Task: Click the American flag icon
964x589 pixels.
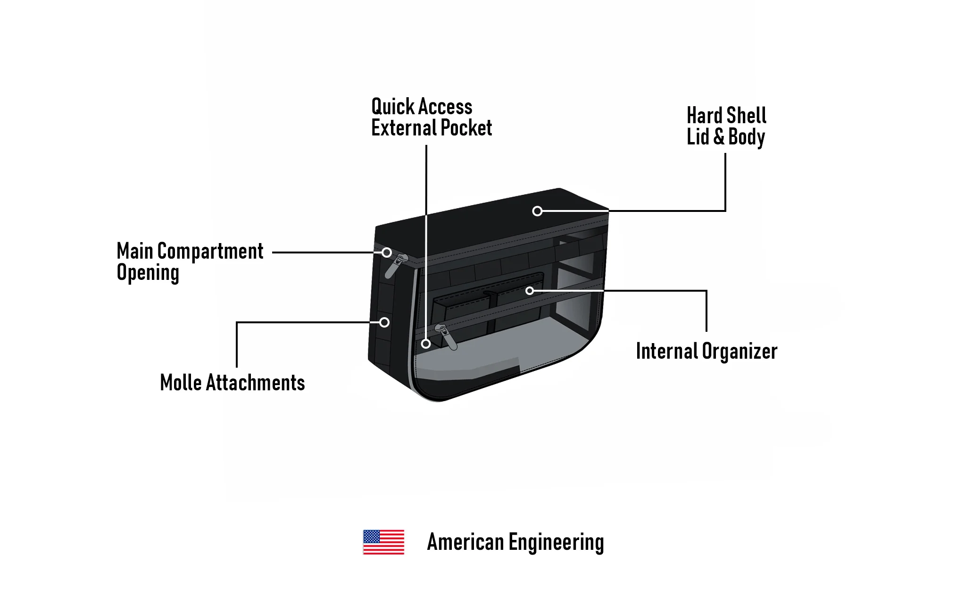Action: tap(383, 542)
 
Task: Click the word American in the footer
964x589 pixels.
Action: tap(465, 542)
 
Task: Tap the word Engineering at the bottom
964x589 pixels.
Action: tap(556, 543)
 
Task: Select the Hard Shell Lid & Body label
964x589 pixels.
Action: tap(726, 126)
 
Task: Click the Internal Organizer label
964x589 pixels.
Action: tap(706, 351)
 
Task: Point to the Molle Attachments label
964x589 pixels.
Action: tap(232, 382)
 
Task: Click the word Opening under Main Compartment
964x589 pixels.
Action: tap(148, 273)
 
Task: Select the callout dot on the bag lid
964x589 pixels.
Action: tap(537, 211)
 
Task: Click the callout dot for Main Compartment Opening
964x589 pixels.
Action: tap(387, 252)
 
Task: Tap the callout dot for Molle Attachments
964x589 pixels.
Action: tap(384, 322)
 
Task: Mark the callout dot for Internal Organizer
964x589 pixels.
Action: tap(530, 291)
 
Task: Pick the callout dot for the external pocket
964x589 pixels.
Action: tap(426, 344)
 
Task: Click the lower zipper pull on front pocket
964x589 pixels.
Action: tap(447, 337)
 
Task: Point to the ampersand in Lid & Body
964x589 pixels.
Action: tap(719, 137)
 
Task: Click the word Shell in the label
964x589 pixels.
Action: tap(746, 116)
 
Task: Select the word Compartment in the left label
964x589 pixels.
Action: tap(210, 251)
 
